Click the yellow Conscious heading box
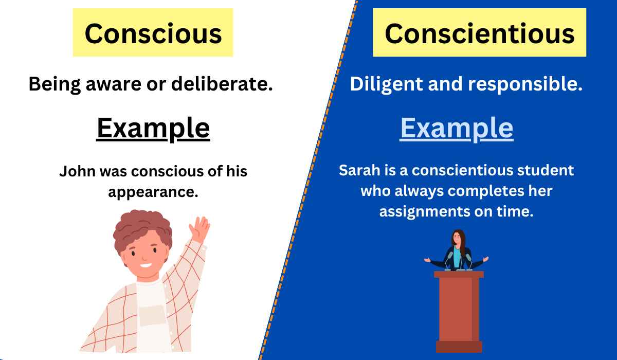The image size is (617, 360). [x=153, y=33]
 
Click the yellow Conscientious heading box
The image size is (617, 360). [x=479, y=33]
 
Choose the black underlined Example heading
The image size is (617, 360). [x=153, y=128]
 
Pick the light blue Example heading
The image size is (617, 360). [x=457, y=128]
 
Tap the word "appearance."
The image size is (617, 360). [x=153, y=192]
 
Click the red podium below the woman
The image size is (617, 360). [x=459, y=309]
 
